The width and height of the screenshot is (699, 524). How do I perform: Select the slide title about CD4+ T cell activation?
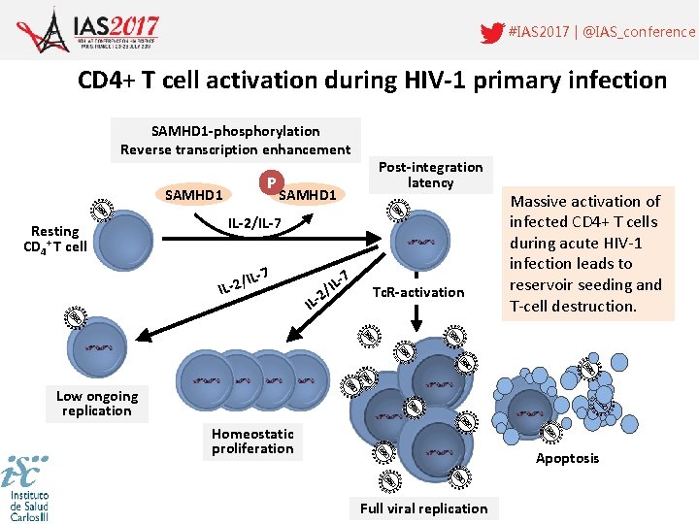point(372,80)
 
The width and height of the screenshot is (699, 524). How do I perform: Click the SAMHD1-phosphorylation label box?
point(235,140)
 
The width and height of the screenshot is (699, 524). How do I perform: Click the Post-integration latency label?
point(430,175)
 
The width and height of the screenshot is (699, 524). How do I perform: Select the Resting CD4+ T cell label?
point(55,239)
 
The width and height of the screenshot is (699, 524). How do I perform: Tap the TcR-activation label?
point(418,292)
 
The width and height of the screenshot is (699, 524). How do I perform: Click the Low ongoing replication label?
point(97,403)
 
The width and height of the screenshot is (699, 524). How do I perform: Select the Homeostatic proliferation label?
point(252,441)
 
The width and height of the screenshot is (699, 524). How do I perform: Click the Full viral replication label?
point(423,508)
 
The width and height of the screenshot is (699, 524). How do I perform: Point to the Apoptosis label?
point(567,458)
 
